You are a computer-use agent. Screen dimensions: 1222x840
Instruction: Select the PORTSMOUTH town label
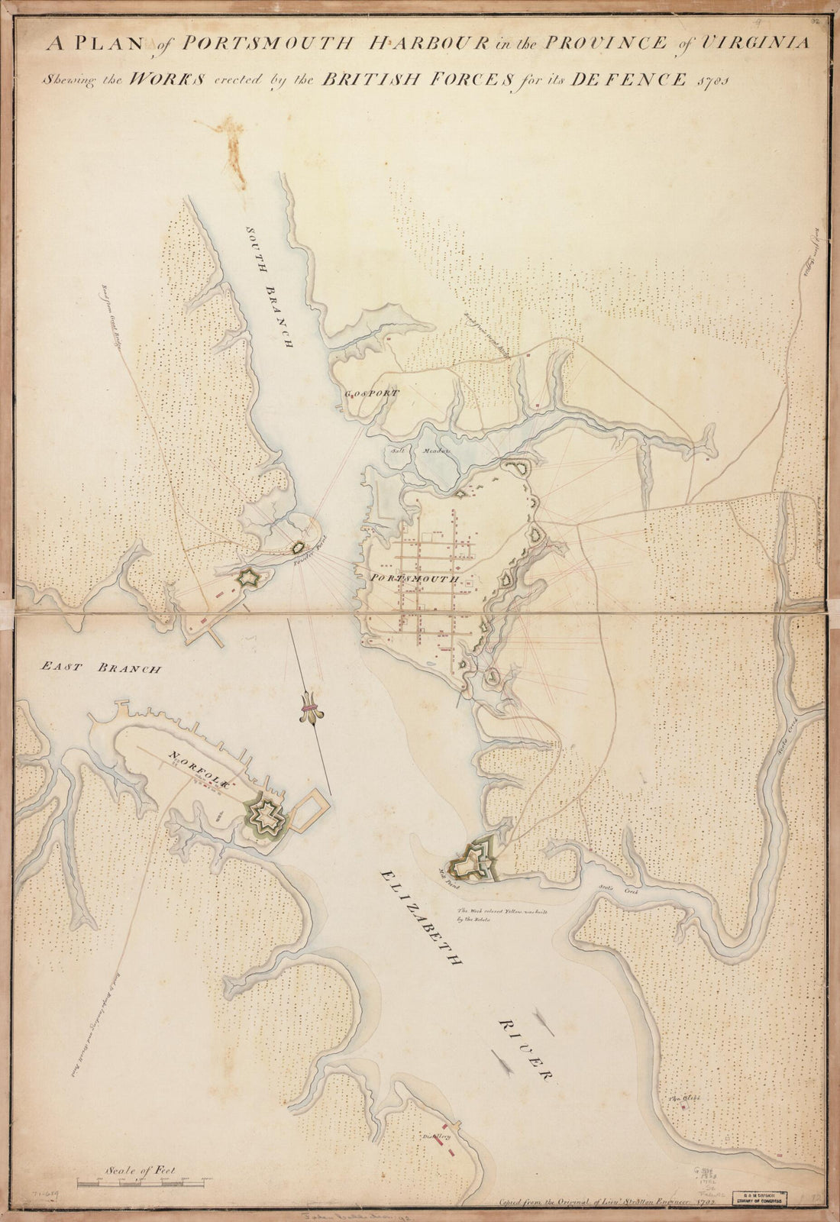[x=414, y=578]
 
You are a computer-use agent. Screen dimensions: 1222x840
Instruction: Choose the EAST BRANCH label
[x=102, y=668]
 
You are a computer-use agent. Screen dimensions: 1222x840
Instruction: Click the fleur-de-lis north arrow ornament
[x=310, y=707]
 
